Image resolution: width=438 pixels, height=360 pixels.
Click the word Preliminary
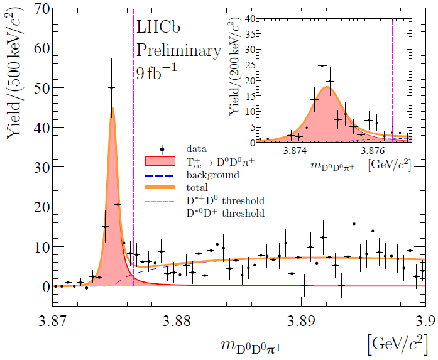click(179, 50)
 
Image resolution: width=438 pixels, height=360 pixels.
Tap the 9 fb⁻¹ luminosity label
click(156, 71)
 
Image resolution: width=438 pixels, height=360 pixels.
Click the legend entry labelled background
click(212, 175)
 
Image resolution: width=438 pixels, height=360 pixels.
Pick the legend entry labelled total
click(197, 187)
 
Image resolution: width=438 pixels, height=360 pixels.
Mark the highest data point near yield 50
click(111, 88)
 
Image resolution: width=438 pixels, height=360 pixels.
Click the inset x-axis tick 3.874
click(295, 151)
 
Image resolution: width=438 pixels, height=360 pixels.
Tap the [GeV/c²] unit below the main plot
click(398, 342)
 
